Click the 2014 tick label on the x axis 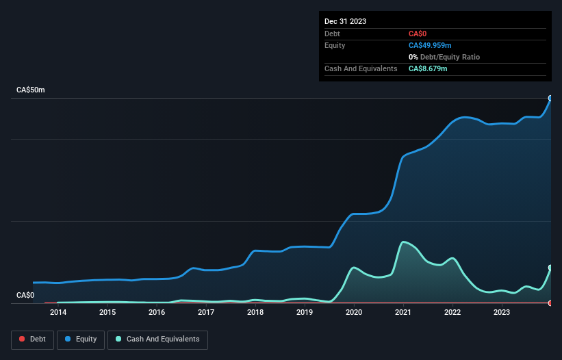[58, 313]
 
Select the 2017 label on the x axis [206, 313]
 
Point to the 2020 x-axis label [354, 313]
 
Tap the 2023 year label [502, 313]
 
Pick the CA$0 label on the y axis [25, 296]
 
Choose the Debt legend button [31, 339]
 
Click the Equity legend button [81, 339]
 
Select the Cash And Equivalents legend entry [157, 339]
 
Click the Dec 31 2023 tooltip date [345, 21]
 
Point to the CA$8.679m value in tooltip [428, 69]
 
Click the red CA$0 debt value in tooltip [418, 34]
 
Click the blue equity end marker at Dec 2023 [550, 98]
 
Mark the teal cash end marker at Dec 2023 [550, 268]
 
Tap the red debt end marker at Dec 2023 [550, 303]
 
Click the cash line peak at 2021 [404, 242]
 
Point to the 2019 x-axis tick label [305, 313]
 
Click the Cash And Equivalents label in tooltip [361, 69]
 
